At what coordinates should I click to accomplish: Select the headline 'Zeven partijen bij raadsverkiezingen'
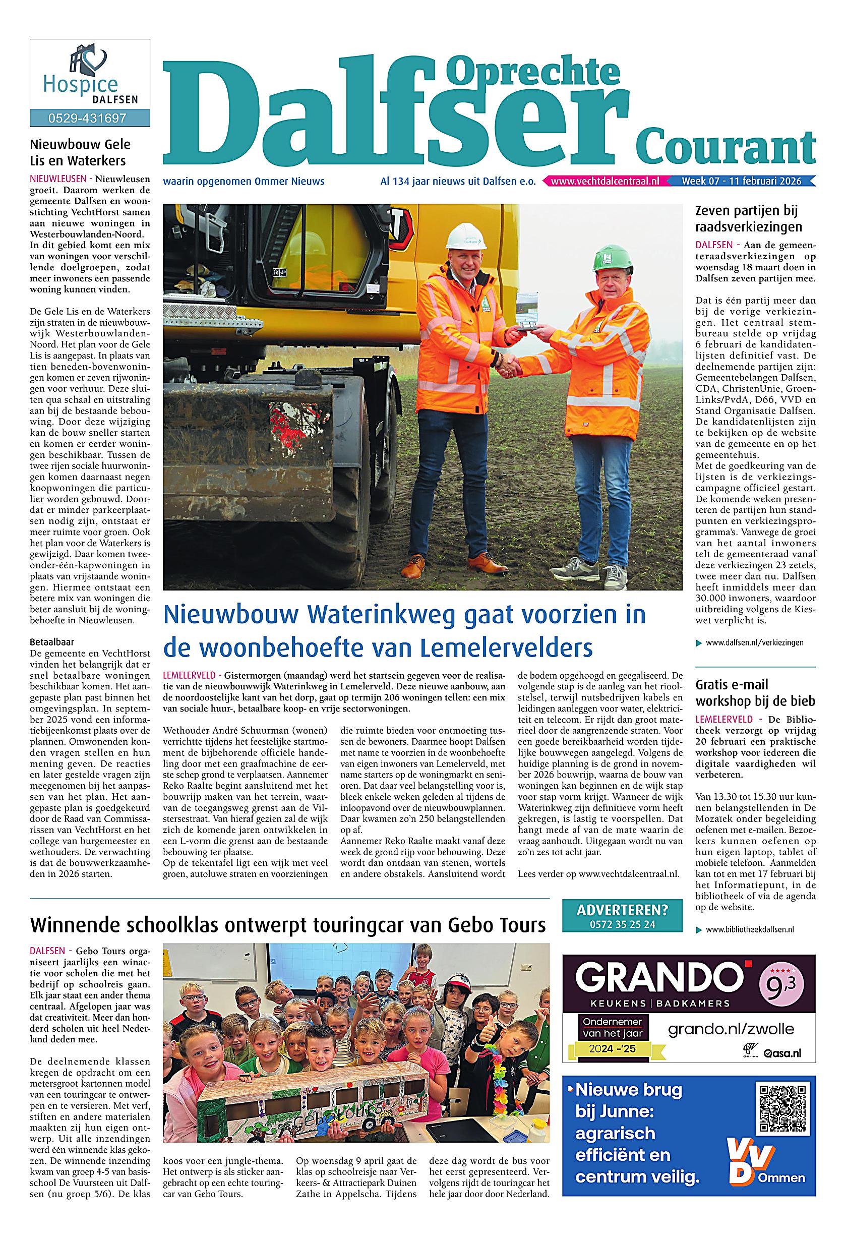click(x=749, y=218)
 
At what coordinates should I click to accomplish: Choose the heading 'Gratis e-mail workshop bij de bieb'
click(x=755, y=692)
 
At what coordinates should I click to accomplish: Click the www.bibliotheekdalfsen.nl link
click(x=750, y=929)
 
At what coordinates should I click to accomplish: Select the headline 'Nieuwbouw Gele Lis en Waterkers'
click(x=80, y=152)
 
